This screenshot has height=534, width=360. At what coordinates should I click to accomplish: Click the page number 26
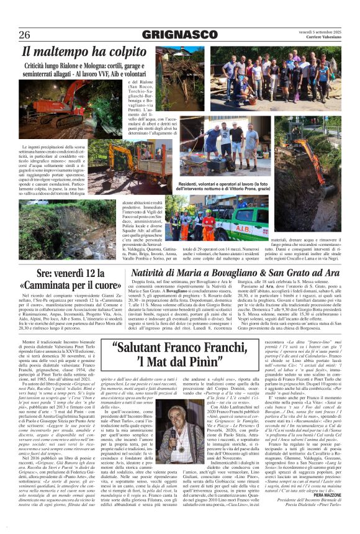(24, 34)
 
